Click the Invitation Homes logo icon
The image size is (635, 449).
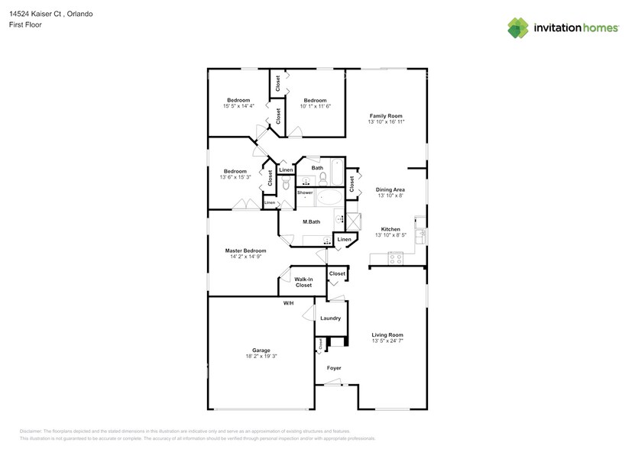[x=518, y=27]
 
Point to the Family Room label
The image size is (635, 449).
[x=386, y=115]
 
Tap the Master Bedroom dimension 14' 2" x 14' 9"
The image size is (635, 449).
[x=245, y=257]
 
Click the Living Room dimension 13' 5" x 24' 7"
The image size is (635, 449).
[x=387, y=341]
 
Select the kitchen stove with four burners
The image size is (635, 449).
[x=396, y=259]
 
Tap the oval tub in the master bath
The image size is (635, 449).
[x=330, y=199]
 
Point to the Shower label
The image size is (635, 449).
[x=305, y=192]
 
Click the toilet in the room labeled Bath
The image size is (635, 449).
[x=323, y=179]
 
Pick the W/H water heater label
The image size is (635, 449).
[x=289, y=303]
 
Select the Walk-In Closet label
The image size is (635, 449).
[x=303, y=282]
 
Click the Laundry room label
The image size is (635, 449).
[x=330, y=318]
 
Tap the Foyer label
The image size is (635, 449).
[x=334, y=368]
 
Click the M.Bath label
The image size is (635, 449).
[x=311, y=221]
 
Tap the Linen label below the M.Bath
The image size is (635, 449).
[x=345, y=241]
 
